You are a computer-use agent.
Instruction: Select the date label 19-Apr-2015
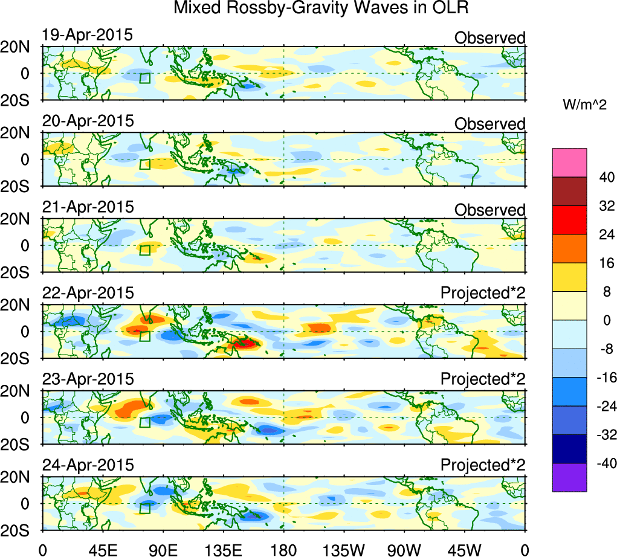(88, 35)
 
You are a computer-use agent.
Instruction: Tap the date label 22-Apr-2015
(88, 294)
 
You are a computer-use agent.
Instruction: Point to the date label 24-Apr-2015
(88, 466)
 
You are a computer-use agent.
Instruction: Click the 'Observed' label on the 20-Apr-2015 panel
(489, 124)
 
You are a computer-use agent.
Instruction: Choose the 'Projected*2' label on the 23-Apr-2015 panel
(483, 379)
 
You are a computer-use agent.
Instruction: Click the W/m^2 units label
(584, 105)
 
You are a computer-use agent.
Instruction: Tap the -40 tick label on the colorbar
(604, 463)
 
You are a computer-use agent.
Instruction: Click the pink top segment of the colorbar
(569, 163)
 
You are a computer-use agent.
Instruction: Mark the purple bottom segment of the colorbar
(569, 477)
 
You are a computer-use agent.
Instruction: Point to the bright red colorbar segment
(569, 220)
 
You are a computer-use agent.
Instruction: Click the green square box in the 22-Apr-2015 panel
(144, 336)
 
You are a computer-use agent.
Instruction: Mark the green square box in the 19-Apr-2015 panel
(144, 78)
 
